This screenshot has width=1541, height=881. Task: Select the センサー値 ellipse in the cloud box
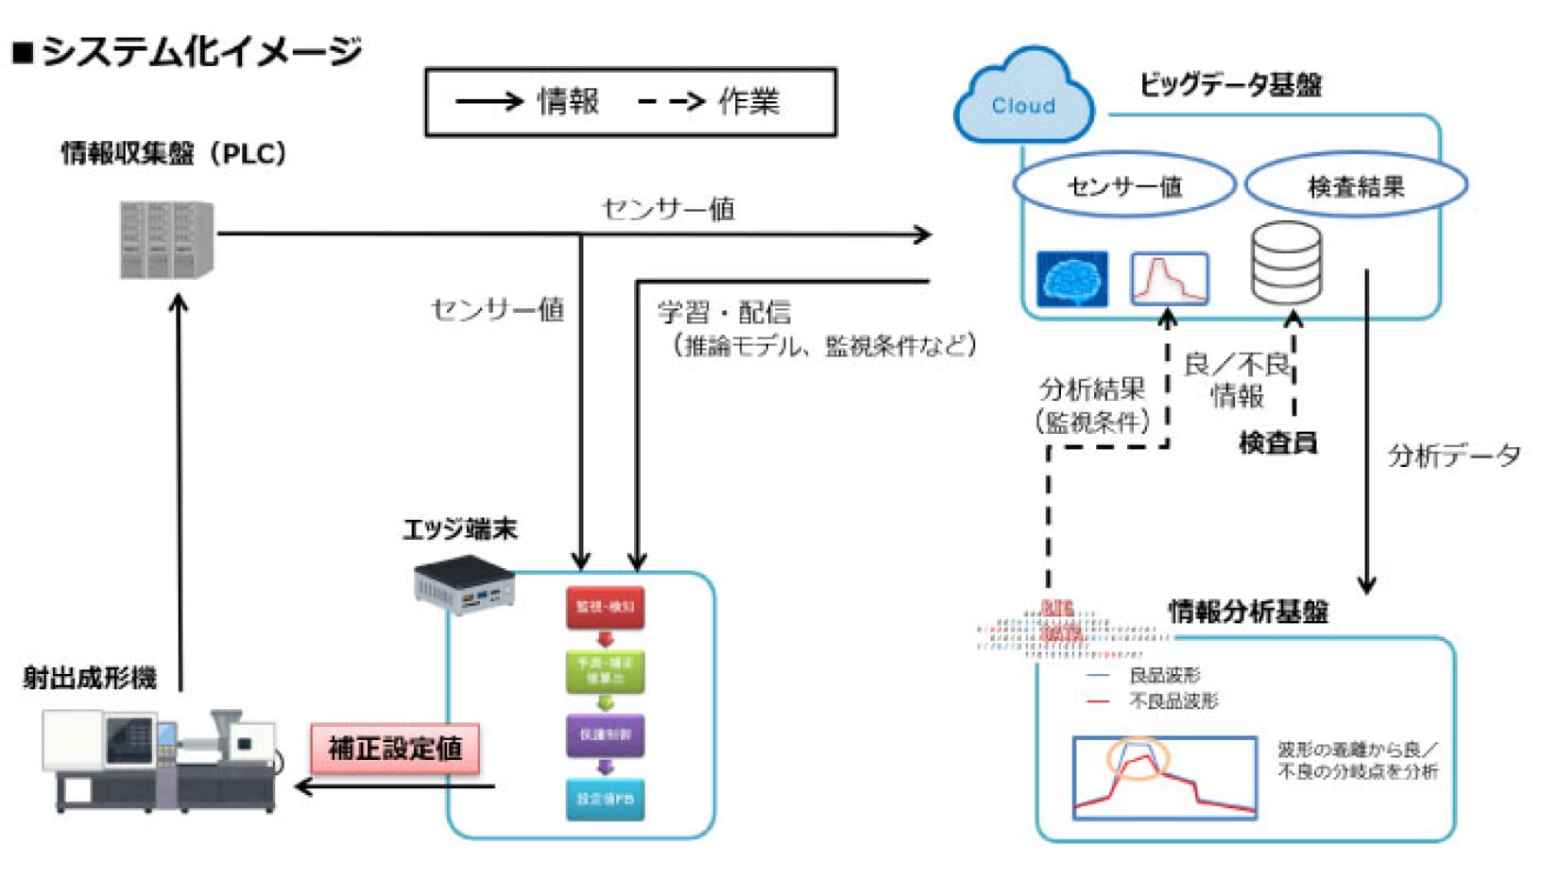point(1124,186)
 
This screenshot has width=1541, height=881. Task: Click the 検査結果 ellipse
point(1356,186)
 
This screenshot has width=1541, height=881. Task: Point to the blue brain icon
point(1072,279)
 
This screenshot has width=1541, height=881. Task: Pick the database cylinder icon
point(1286,263)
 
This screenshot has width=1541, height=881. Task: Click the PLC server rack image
point(166,240)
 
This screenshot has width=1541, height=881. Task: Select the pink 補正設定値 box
point(395,749)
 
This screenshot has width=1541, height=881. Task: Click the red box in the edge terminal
point(606,608)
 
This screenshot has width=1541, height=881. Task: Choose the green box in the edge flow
point(606,671)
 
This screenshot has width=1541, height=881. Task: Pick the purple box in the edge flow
point(606,734)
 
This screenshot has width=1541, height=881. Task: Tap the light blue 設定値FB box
point(606,799)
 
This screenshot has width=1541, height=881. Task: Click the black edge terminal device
point(464,585)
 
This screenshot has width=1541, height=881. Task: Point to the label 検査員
point(1277,441)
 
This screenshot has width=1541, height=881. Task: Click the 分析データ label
point(1453,456)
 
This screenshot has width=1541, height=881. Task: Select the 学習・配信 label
point(724,312)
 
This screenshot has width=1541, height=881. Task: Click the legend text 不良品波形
point(1173,701)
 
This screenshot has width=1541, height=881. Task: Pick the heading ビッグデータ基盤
point(1230,85)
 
